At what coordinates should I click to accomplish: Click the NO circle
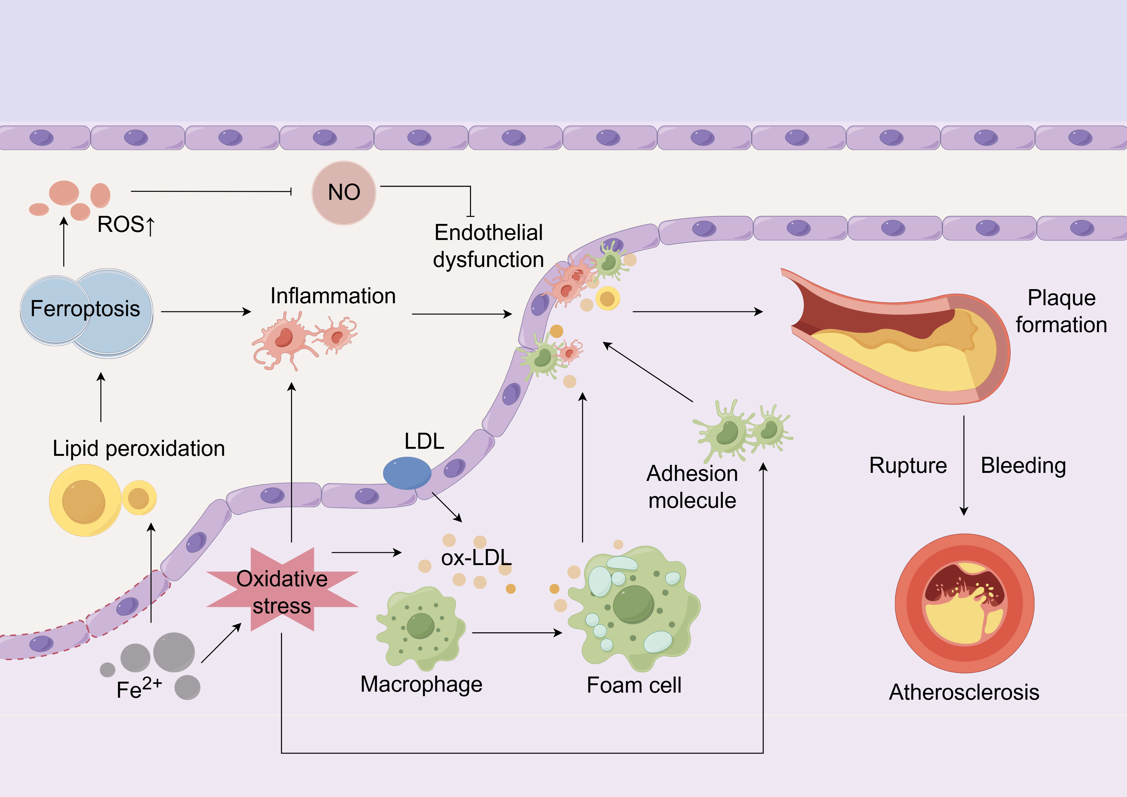(x=344, y=193)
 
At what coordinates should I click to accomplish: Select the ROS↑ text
(x=126, y=225)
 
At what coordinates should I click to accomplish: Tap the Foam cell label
(x=634, y=685)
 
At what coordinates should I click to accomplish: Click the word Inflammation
(x=333, y=296)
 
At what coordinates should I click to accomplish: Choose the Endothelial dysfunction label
(x=488, y=246)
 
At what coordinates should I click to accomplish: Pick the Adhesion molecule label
(x=692, y=487)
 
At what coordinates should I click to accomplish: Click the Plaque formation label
(x=1061, y=311)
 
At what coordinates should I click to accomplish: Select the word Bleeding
(x=1023, y=465)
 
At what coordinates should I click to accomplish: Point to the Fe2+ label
(x=139, y=688)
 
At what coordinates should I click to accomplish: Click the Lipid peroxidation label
(x=139, y=448)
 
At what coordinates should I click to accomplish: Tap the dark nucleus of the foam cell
(x=633, y=605)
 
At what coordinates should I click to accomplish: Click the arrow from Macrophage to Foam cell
(x=516, y=633)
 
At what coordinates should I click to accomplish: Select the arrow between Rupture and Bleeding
(x=963, y=465)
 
